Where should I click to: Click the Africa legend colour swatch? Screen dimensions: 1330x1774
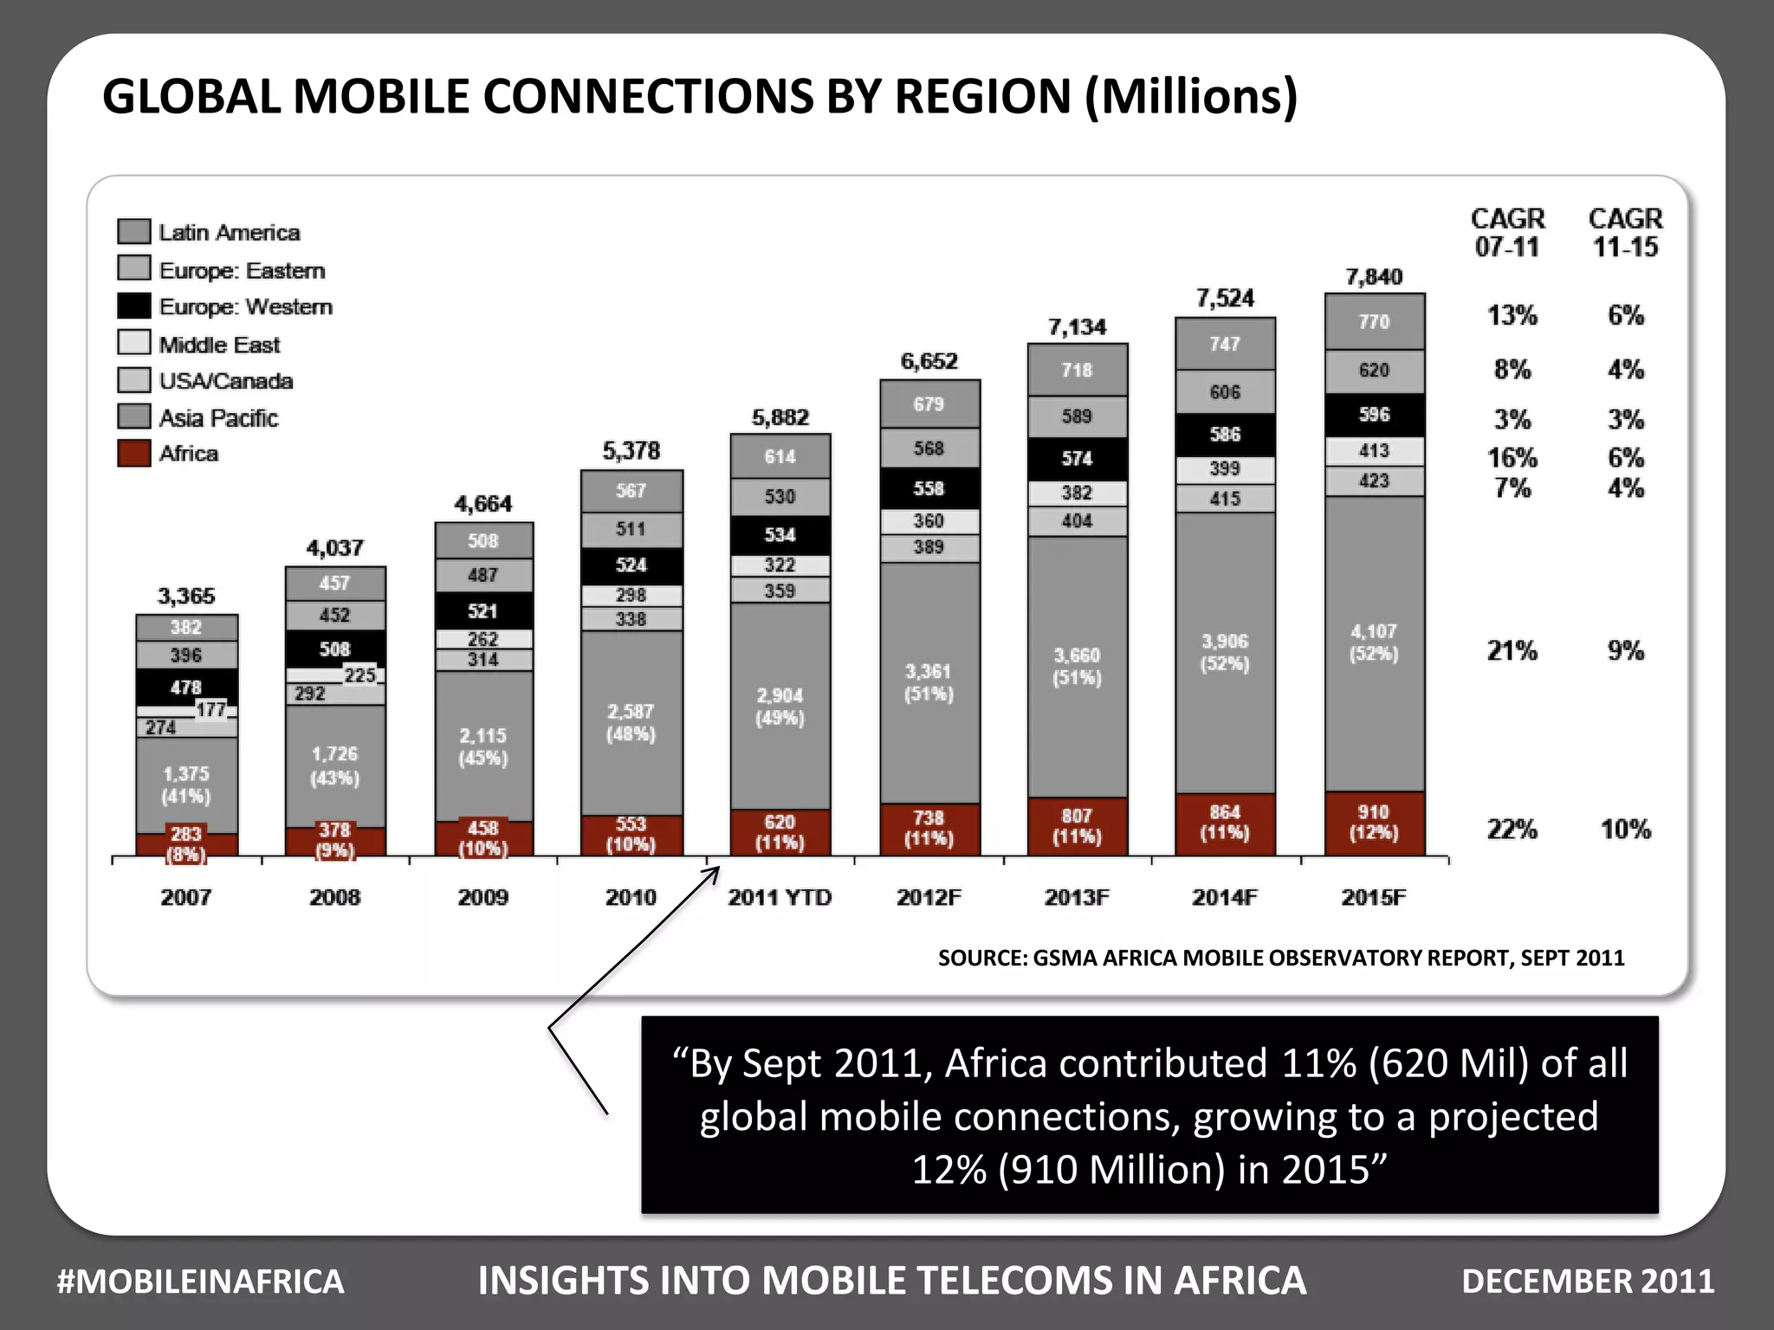tap(133, 453)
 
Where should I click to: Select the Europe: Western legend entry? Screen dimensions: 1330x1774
tap(244, 307)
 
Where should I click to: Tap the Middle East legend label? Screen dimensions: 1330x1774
tap(219, 345)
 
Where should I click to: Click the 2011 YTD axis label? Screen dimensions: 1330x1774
tap(779, 897)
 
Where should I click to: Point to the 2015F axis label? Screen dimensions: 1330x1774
tap(1373, 897)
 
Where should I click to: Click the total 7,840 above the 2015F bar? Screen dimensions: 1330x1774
tap(1373, 277)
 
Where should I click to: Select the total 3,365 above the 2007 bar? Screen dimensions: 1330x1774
tap(185, 596)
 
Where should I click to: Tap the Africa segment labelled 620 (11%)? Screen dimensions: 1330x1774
tap(780, 832)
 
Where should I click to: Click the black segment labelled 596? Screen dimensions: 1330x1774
tap(1374, 415)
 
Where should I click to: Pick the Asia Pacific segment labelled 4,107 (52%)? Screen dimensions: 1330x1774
tap(1374, 642)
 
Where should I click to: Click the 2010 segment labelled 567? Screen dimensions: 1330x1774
tap(631, 491)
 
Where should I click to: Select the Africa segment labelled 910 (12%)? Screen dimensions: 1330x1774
tap(1374, 823)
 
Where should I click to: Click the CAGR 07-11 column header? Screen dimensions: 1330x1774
tap(1507, 232)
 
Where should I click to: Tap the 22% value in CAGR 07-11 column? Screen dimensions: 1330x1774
tap(1512, 830)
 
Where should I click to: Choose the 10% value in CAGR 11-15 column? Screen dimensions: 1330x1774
tap(1625, 830)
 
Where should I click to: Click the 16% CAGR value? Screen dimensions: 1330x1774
tap(1512, 457)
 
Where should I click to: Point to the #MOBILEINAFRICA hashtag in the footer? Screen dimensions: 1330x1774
tap(200, 1282)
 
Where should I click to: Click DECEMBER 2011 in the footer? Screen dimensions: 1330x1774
tap(1587, 1282)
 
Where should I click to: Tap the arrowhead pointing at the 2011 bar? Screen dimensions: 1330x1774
tap(715, 869)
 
